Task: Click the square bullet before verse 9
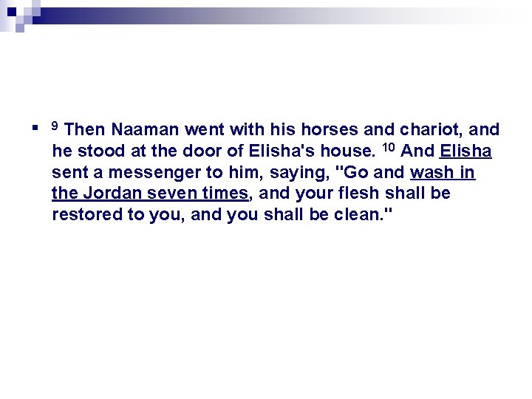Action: point(36,129)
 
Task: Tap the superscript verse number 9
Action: point(55,126)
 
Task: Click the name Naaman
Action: point(146,130)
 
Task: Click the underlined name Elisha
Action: point(465,151)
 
